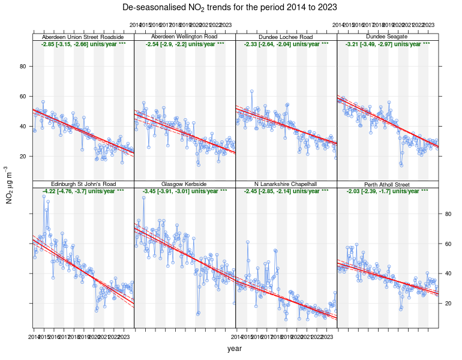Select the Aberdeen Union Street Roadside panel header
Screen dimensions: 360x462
click(x=83, y=37)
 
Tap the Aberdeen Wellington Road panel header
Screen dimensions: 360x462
click(x=185, y=37)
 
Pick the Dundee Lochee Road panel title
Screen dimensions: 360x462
click(x=286, y=37)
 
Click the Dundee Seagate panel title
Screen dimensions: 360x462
click(x=388, y=37)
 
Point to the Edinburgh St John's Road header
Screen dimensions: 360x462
click(x=83, y=184)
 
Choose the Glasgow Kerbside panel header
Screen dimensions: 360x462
click(x=185, y=184)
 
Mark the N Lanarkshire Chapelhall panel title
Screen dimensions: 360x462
click(x=286, y=184)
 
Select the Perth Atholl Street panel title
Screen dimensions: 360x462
click(x=388, y=184)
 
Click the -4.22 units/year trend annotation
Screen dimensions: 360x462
click(x=83, y=191)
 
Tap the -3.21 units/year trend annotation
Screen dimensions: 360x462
click(x=388, y=44)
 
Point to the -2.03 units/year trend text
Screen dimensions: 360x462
click(x=388, y=191)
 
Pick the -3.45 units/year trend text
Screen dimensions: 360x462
click(x=185, y=191)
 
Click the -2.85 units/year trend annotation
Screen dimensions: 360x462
click(x=83, y=44)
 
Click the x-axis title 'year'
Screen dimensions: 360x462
click(x=235, y=349)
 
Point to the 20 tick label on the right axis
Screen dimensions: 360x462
click(x=448, y=304)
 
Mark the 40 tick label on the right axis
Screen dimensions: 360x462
click(x=448, y=274)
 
